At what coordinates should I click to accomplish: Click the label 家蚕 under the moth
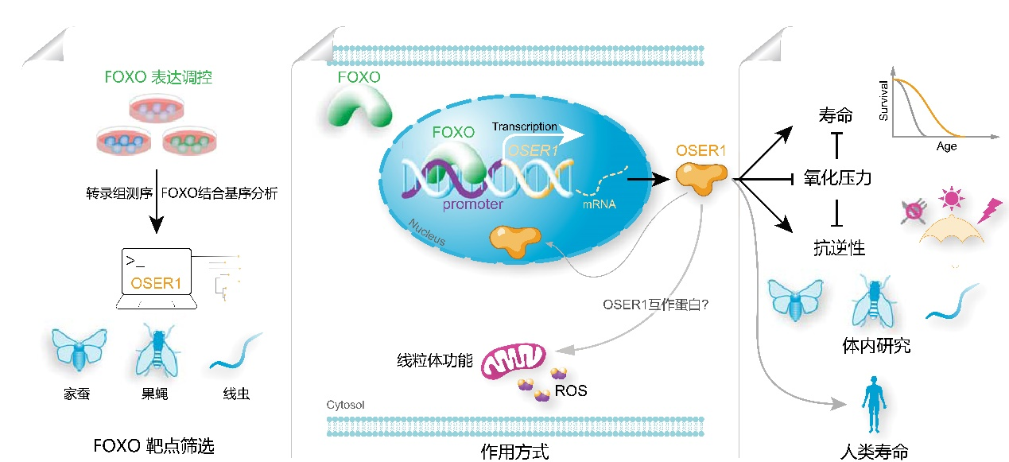pos(78,394)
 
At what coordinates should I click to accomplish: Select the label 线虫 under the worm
pos(236,394)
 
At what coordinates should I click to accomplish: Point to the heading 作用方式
pos(514,452)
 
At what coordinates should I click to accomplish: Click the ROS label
pos(572,390)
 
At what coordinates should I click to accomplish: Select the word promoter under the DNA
pos(473,204)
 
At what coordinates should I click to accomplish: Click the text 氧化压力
pos(837,177)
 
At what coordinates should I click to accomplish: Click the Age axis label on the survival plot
pos(946,146)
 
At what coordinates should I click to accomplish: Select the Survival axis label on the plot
pos(883,99)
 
